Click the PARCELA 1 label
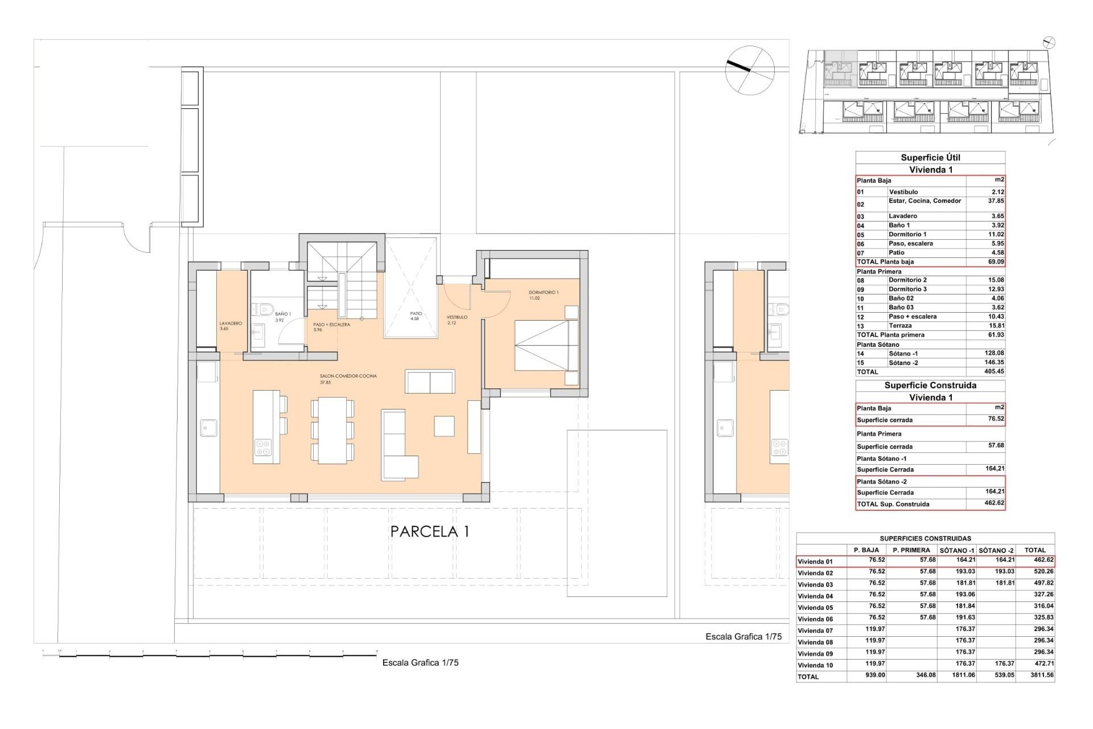click(430, 532)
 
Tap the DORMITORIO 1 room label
click(543, 293)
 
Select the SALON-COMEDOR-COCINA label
click(348, 376)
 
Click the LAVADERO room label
click(231, 323)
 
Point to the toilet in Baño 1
click(263, 309)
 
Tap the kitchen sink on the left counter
click(209, 428)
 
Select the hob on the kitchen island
click(262, 448)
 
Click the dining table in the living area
click(332, 431)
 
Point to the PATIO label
click(416, 314)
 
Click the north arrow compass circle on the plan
click(750, 70)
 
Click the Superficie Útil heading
click(930, 158)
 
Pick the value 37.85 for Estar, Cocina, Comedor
click(996, 201)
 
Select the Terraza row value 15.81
click(996, 326)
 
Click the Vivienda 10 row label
click(815, 665)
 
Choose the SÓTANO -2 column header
click(996, 550)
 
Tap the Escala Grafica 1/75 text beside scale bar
click(420, 663)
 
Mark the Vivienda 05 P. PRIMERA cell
click(927, 606)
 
